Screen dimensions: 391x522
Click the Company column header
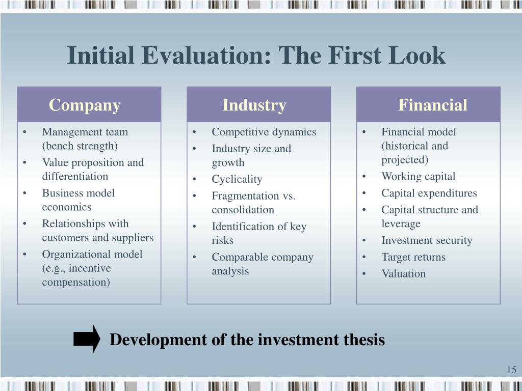click(x=85, y=105)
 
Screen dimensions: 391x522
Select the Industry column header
click(x=254, y=105)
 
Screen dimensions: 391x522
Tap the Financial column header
click(x=432, y=105)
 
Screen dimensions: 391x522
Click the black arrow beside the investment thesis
click(x=87, y=339)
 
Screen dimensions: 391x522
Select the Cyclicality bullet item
click(x=237, y=179)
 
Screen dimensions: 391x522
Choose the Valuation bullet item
click(x=403, y=274)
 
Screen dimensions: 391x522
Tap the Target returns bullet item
click(x=413, y=257)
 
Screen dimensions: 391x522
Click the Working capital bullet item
click(x=418, y=177)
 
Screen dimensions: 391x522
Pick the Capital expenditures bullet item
click(x=429, y=193)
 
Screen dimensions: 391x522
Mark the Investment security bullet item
click(x=427, y=240)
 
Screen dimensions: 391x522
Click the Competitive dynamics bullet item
click(x=264, y=132)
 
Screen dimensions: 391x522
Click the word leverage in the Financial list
click(x=401, y=224)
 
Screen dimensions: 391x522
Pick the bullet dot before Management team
click(x=25, y=132)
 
